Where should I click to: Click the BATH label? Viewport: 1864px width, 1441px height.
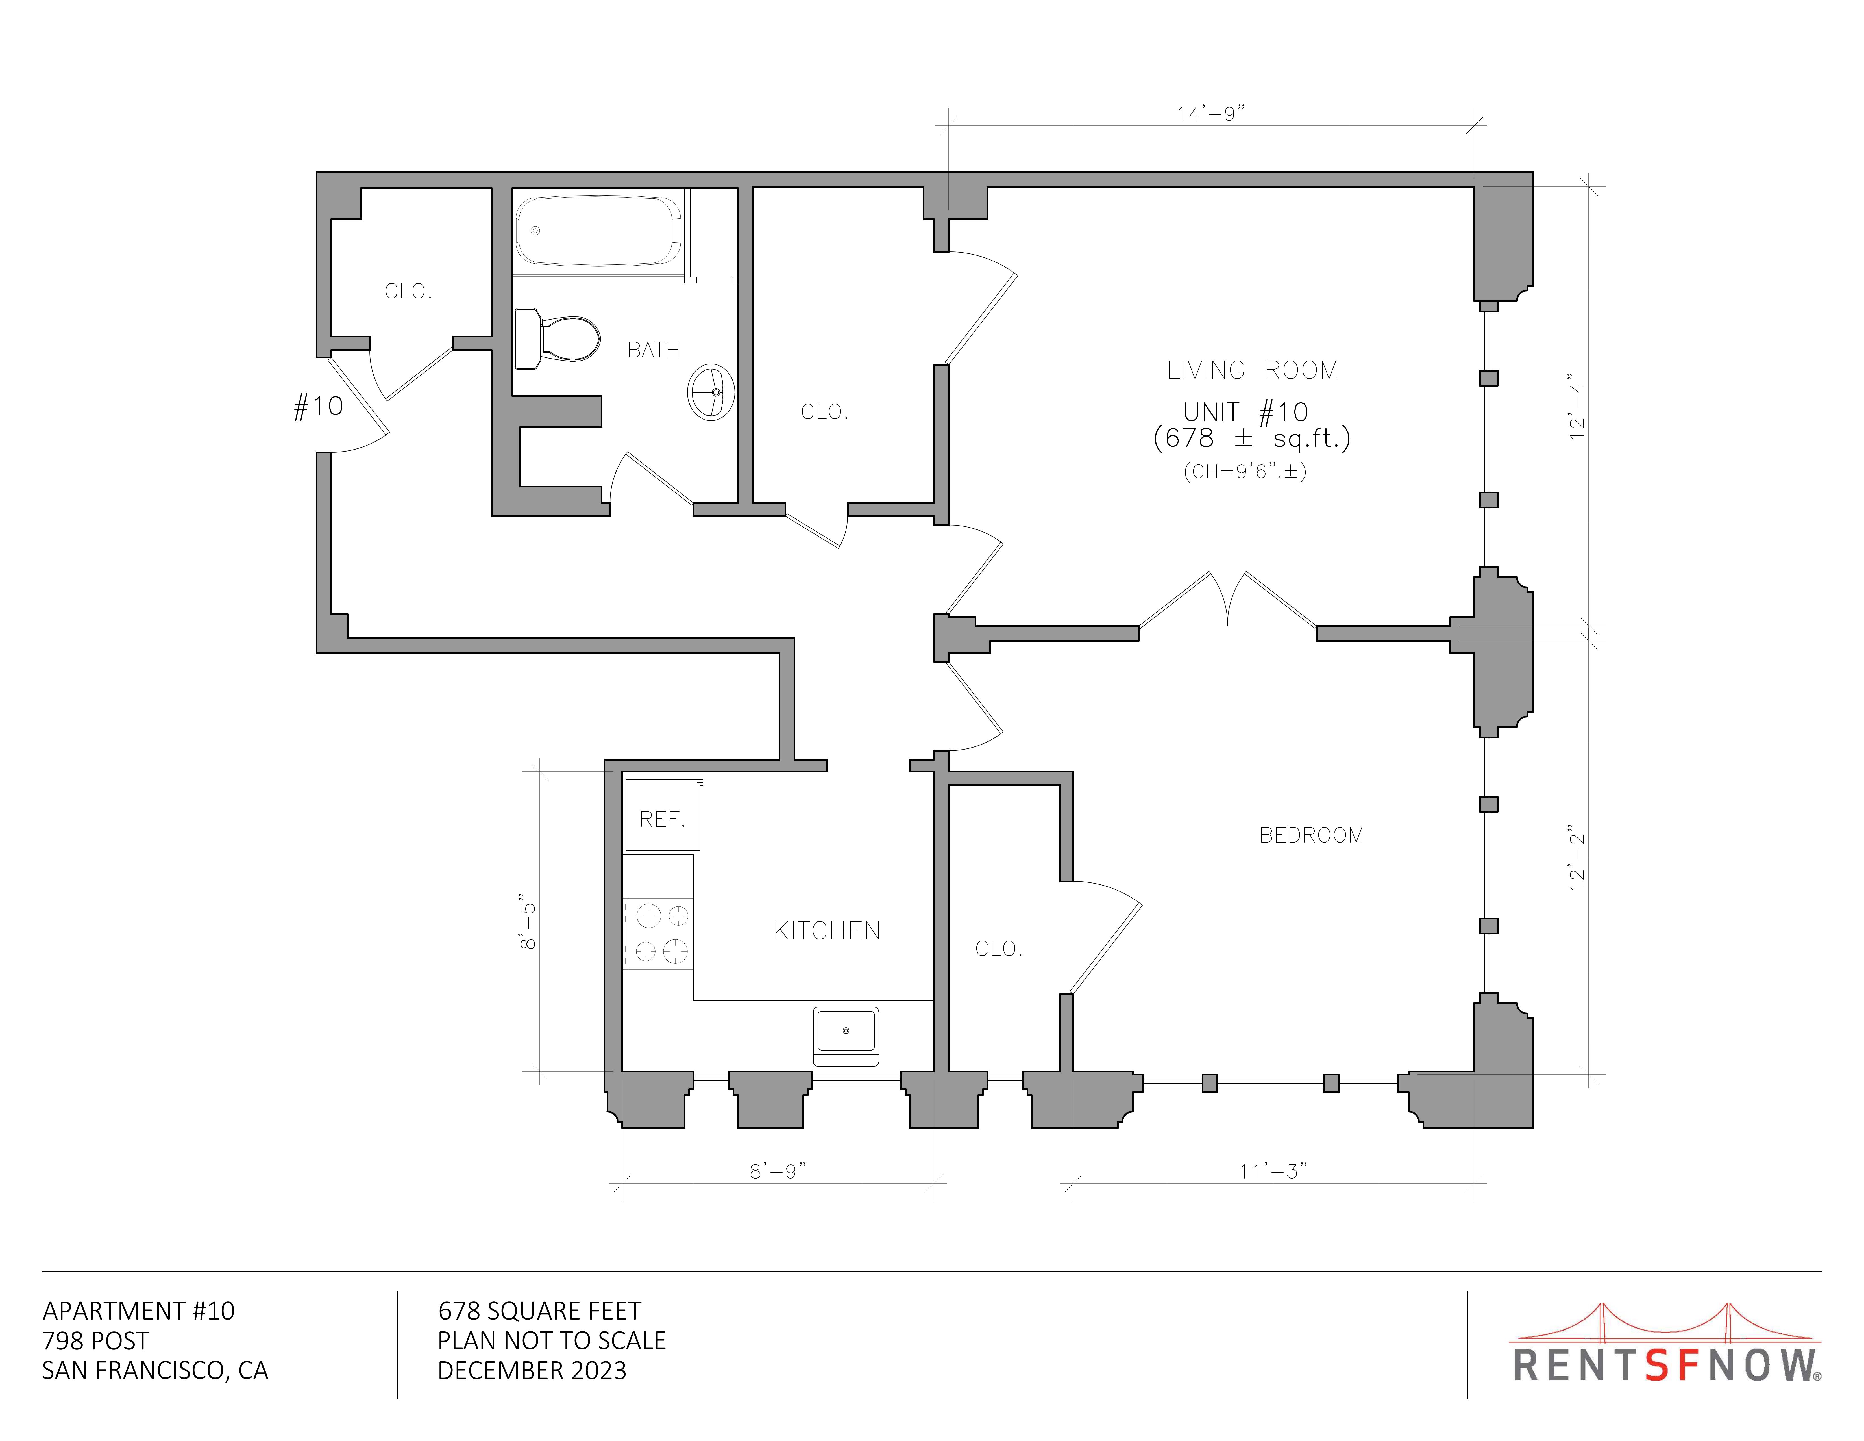tap(654, 350)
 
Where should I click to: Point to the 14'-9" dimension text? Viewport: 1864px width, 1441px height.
tap(1211, 114)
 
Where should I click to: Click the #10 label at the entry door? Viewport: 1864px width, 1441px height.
tap(318, 406)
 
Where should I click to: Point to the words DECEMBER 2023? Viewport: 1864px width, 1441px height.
tap(532, 1371)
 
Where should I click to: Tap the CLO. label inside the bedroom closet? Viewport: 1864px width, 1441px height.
tap(999, 949)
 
